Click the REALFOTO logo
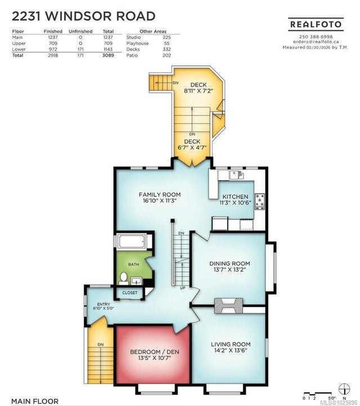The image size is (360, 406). [x=316, y=24]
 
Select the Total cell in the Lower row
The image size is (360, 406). [x=108, y=49]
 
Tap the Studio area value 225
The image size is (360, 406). [x=166, y=37]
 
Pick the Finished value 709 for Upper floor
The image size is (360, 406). [x=53, y=43]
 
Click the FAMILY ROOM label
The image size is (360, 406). [x=160, y=195]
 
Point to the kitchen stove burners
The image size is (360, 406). [x=260, y=201]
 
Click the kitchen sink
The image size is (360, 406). [x=236, y=175]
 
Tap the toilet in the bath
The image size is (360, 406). [x=124, y=278]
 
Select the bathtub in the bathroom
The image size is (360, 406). [x=132, y=241]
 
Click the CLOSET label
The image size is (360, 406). [x=130, y=292]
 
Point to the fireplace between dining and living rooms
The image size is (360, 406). [x=228, y=306]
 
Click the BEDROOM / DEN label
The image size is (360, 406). [x=155, y=351]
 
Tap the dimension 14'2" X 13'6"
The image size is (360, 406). [x=231, y=350]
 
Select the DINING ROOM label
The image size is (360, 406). [x=229, y=263]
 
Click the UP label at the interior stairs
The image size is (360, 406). [x=183, y=288]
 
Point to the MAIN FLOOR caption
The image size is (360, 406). [x=35, y=401]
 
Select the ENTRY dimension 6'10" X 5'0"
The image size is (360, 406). [x=103, y=308]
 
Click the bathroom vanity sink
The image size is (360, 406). [x=136, y=281]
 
